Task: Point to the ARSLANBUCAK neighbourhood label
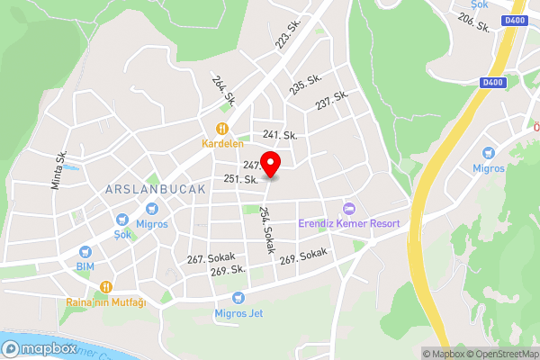(156, 190)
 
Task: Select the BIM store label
(85, 267)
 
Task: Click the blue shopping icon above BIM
(85, 252)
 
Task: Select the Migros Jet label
(238, 313)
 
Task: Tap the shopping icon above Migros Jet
(238, 297)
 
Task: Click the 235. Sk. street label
(306, 85)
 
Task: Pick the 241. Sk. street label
(280, 135)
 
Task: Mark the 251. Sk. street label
(241, 179)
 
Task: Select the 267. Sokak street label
(210, 257)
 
